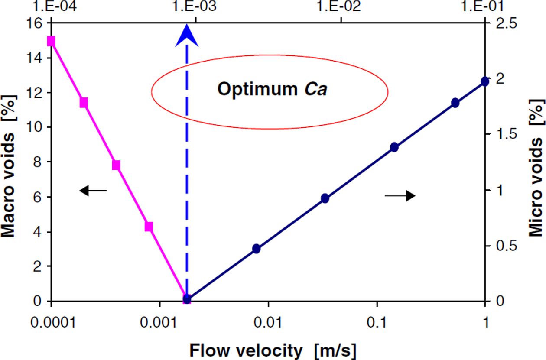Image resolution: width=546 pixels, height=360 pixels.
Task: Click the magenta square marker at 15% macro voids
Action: pyautogui.click(x=51, y=41)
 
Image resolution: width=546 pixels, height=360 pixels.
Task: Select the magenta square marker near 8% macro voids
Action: pyautogui.click(x=116, y=165)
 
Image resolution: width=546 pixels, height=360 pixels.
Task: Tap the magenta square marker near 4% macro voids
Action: pyautogui.click(x=149, y=227)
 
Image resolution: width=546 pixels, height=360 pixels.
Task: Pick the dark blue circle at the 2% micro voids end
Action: pyautogui.click(x=485, y=81)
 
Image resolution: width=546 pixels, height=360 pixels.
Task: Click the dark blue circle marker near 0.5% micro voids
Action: pyautogui.click(x=256, y=248)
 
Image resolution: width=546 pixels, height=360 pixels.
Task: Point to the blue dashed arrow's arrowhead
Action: pyautogui.click(x=187, y=36)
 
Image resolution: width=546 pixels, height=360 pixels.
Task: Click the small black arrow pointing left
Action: pyautogui.click(x=93, y=190)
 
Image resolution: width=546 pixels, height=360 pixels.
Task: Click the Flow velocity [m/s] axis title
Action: pyautogui.click(x=273, y=350)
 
